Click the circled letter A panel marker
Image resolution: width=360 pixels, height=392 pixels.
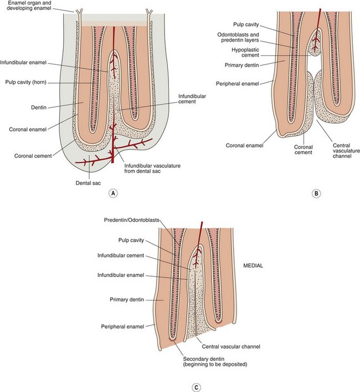tap(113, 194)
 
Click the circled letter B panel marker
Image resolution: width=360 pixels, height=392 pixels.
tap(316, 194)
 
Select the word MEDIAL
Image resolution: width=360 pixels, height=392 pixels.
tap(255, 266)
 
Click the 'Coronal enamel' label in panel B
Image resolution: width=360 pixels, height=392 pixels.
tap(244, 146)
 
